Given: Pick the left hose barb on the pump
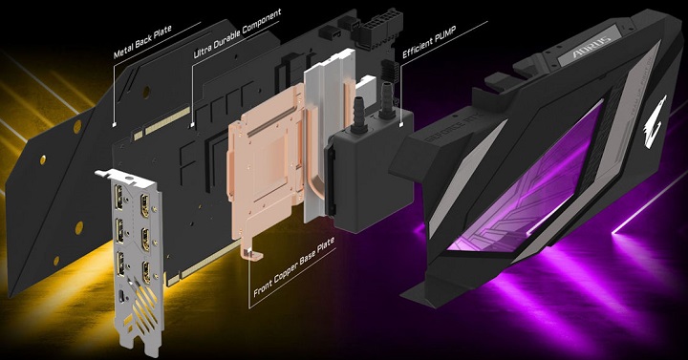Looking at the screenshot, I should [x=353, y=113].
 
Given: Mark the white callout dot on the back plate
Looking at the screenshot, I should [x=114, y=125].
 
